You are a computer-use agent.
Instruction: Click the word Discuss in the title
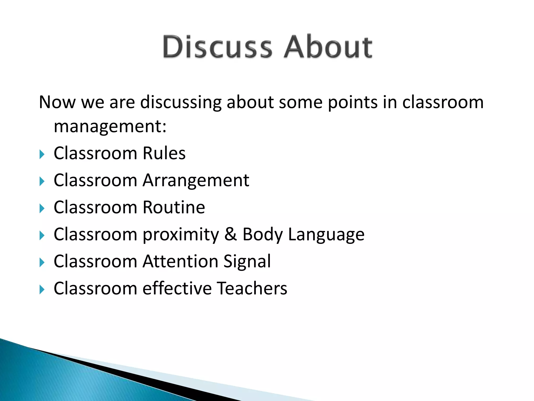tap(217, 47)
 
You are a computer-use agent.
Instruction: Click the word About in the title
tap(328, 47)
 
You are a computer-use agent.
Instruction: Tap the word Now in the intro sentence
tap(57, 102)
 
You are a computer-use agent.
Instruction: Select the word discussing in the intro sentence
tap(181, 103)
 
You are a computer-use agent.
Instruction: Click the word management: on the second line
tap(110, 127)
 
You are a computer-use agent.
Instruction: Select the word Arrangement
tap(196, 181)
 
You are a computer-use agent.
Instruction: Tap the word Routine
tap(174, 208)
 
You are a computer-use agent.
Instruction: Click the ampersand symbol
tap(230, 234)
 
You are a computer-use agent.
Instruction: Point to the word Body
tap(263, 235)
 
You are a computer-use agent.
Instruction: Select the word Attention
tap(180, 261)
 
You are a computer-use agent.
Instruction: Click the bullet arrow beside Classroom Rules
tap(42, 154)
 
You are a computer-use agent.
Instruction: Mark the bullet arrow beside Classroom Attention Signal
tap(42, 262)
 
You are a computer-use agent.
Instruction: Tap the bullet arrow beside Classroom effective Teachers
tap(42, 290)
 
